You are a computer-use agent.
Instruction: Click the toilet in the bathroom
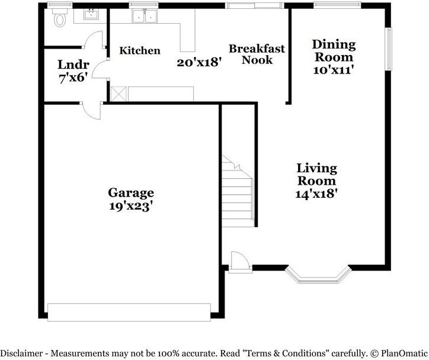[x=59, y=20]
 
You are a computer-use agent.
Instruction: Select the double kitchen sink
[x=145, y=17]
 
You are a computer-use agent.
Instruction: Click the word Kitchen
[x=140, y=51]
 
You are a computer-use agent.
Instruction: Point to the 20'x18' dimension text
[x=199, y=62]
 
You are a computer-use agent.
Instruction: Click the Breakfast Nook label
[x=257, y=54]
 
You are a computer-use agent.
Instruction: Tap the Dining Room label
[x=334, y=50]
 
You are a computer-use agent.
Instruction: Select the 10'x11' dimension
[x=334, y=69]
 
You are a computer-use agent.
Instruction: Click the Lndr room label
[x=73, y=65]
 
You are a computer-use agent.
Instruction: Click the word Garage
[x=131, y=192]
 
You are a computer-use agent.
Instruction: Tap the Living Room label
[x=316, y=175]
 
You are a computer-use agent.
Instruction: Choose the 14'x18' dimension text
[x=316, y=193]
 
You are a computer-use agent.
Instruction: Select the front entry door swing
[x=238, y=261]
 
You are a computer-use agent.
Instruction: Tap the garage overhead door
[x=129, y=311]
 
